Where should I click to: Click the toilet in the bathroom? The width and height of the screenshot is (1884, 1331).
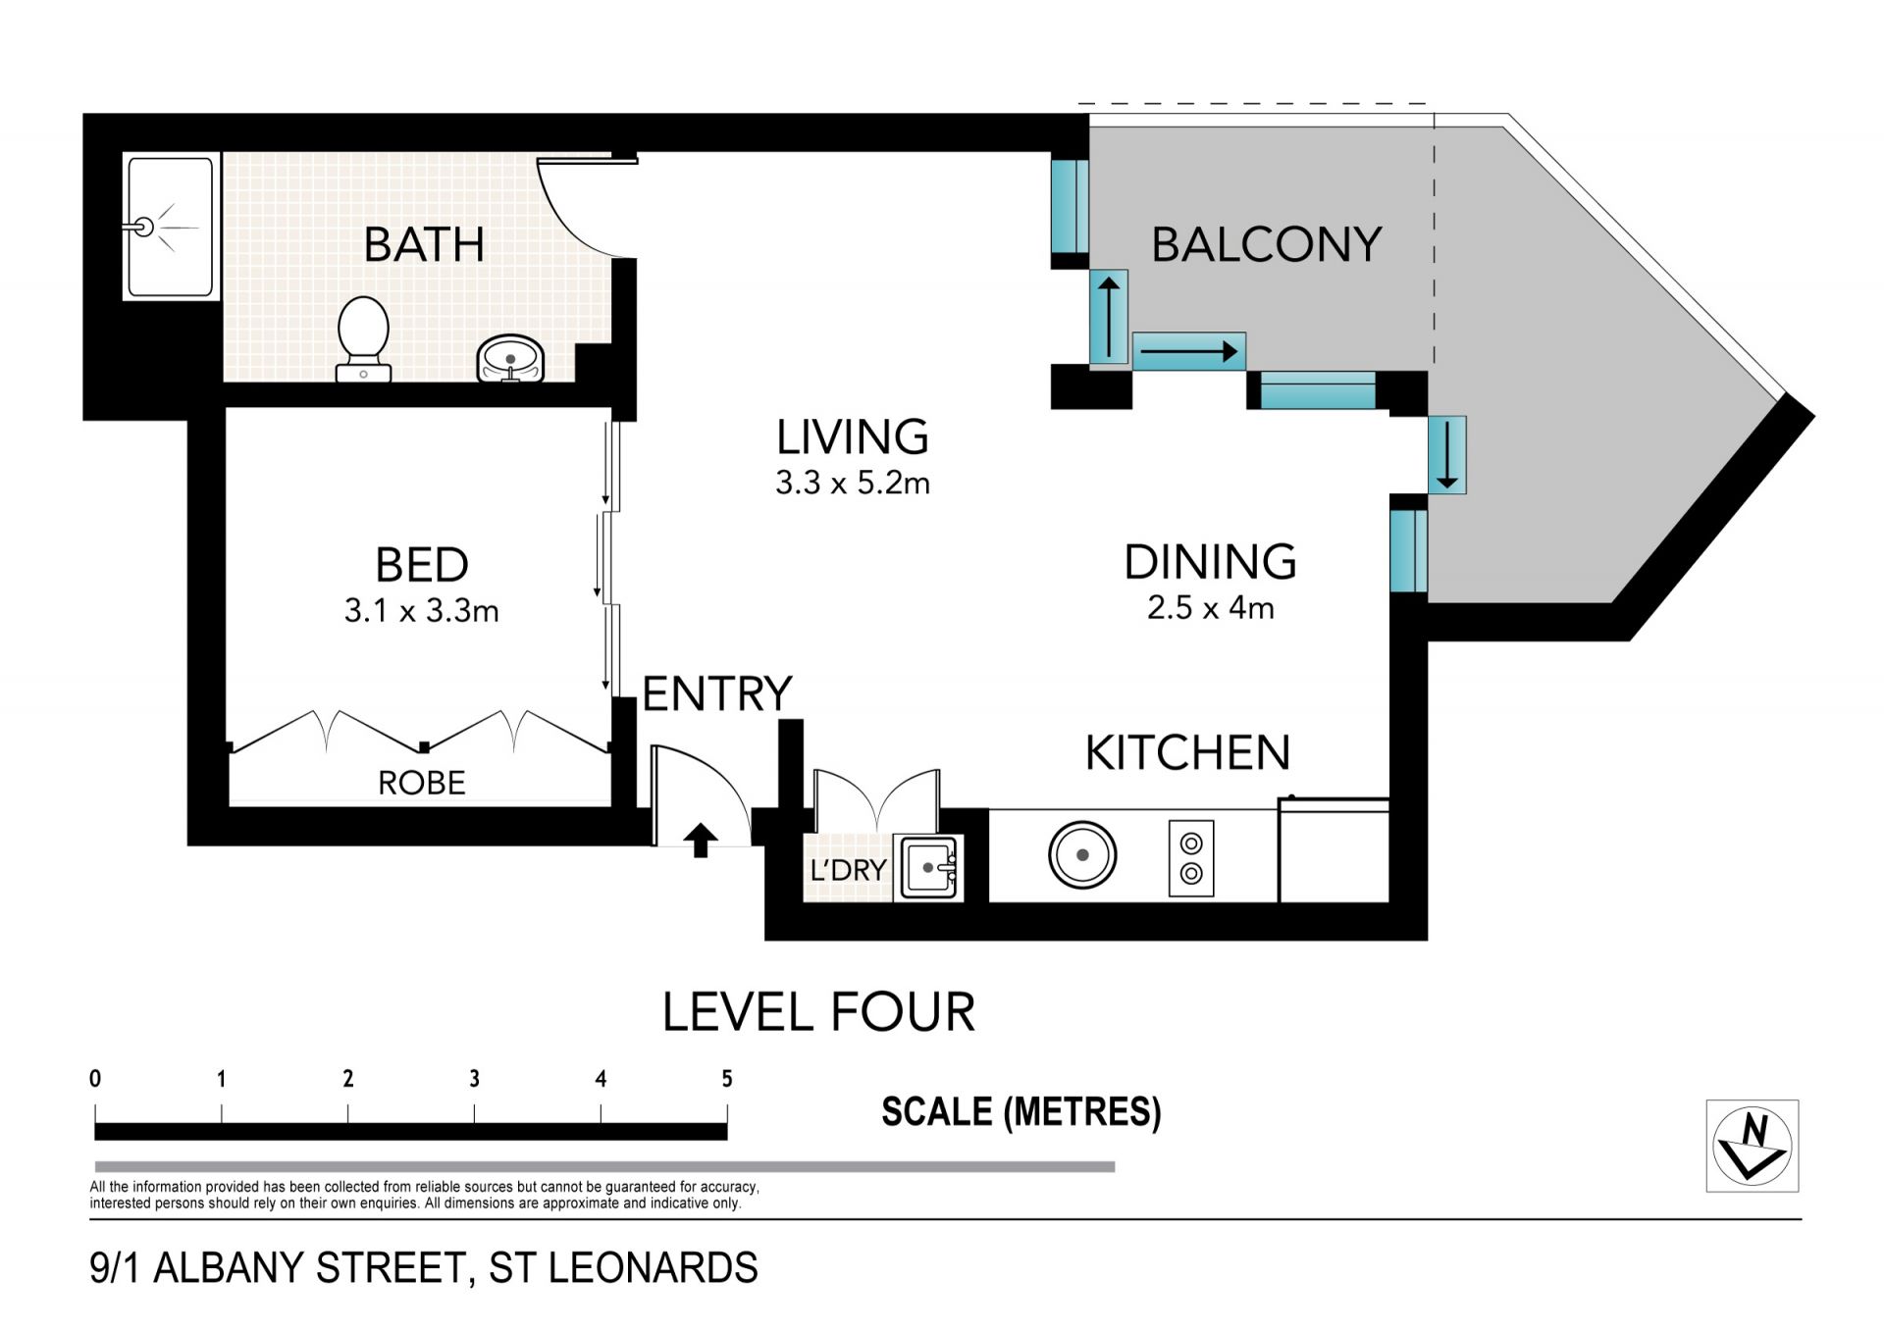coord(363,338)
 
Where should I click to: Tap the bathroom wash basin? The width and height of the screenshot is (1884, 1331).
coord(510,359)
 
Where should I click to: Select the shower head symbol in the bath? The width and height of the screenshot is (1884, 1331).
coord(144,228)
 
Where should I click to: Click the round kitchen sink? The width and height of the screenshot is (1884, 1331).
coord(1082,855)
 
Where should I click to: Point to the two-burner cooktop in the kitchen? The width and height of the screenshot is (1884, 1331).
coord(1191,858)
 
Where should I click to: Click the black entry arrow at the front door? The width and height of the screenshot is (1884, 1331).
coord(701,841)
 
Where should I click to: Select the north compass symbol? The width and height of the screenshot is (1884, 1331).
coord(1753,1146)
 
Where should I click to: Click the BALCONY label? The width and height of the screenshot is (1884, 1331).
coord(1266,244)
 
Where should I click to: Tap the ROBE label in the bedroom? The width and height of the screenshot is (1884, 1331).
coord(422,783)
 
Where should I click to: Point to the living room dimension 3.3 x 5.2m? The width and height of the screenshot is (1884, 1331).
coord(853,483)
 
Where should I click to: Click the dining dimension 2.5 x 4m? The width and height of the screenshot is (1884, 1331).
coord(1211,607)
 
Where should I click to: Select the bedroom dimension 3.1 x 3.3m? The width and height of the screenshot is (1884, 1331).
coord(422,611)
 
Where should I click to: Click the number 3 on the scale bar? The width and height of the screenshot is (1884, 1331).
coord(475,1079)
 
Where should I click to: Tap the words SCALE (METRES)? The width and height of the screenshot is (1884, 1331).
coord(1021,1112)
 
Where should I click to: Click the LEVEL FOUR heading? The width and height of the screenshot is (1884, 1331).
coord(819,1012)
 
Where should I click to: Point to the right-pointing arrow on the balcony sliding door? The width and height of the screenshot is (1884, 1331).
coord(1188,350)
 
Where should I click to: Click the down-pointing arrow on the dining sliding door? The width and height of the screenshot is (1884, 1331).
coord(1447,454)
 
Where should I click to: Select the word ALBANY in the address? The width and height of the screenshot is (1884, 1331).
coord(232,1267)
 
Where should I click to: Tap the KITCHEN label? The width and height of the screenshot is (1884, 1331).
coord(1187,752)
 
